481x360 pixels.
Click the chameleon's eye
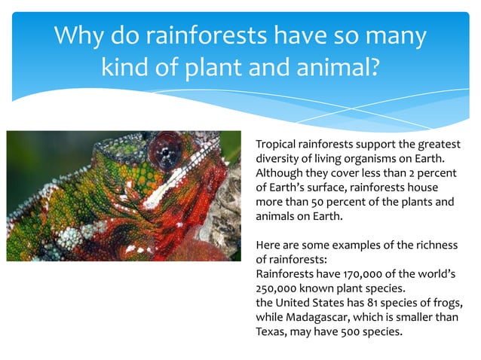163,150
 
